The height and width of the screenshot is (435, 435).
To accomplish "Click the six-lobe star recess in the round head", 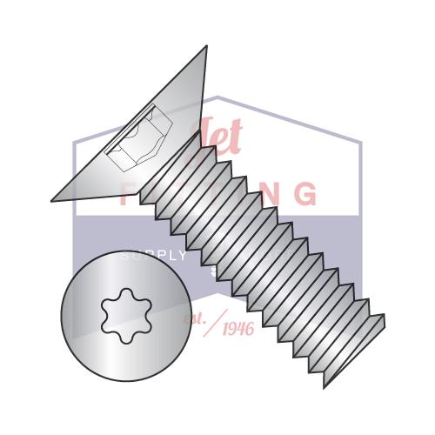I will (x=125, y=315).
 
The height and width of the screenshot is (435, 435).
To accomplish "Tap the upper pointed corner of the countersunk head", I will (x=206, y=47).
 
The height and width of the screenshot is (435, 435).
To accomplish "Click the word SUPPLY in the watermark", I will (x=153, y=257).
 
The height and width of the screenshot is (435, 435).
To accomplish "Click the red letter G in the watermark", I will (x=305, y=193).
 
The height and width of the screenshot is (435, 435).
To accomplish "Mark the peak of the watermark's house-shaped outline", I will (x=217, y=97).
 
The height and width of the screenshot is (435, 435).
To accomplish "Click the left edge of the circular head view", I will (x=61, y=315).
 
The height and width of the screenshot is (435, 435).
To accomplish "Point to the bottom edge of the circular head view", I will (x=125, y=381).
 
